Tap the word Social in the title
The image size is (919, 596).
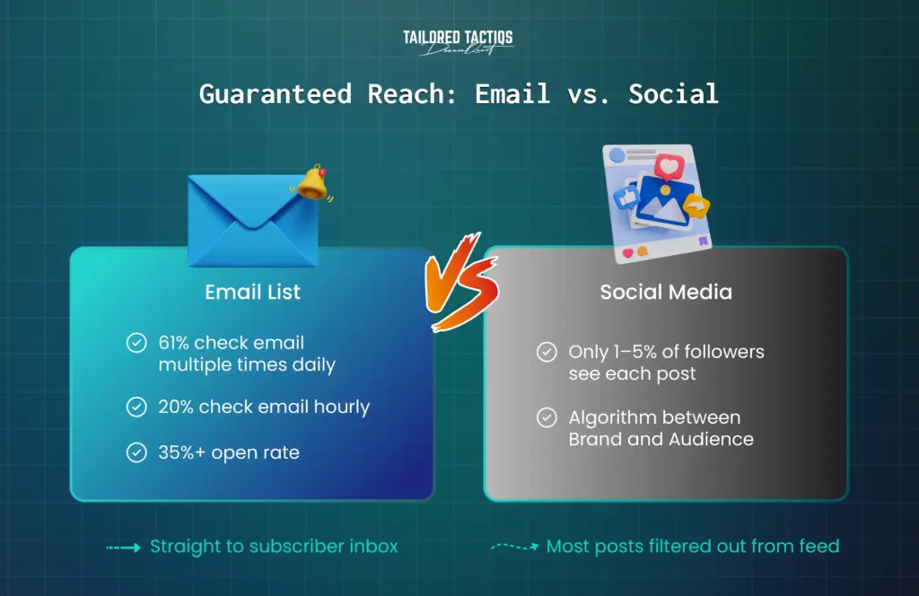click(x=673, y=93)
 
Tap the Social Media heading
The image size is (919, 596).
click(x=666, y=293)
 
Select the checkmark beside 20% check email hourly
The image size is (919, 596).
click(x=136, y=408)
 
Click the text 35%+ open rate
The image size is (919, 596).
click(x=229, y=453)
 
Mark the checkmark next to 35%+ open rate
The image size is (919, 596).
click(x=136, y=453)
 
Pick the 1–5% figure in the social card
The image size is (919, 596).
click(x=633, y=352)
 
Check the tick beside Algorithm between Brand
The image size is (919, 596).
click(x=546, y=417)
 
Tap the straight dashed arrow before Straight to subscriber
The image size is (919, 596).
click(x=122, y=547)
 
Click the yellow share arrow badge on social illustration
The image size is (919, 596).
click(x=696, y=207)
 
